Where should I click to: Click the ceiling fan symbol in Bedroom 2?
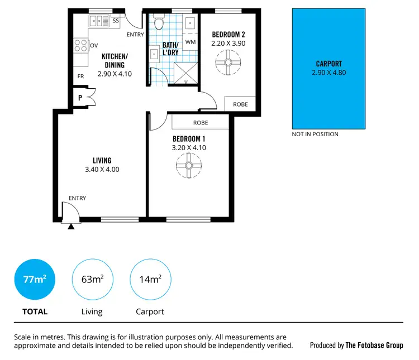pyautogui.click(x=228, y=62)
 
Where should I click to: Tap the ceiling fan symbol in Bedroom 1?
pyautogui.click(x=188, y=165)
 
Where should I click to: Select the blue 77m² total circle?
pyautogui.click(x=35, y=280)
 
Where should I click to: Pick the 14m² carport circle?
pyautogui.click(x=150, y=280)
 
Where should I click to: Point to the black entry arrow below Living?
pyautogui.click(x=71, y=226)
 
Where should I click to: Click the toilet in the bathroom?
pyautogui.click(x=159, y=23)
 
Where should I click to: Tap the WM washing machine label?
pyautogui.click(x=191, y=42)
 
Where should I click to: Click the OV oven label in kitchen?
pyautogui.click(x=94, y=46)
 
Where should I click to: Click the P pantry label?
pyautogui.click(x=80, y=97)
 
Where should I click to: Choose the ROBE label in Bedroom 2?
pyautogui.click(x=240, y=104)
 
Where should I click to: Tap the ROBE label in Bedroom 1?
pyautogui.click(x=201, y=122)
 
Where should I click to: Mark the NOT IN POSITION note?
pyautogui.click(x=315, y=134)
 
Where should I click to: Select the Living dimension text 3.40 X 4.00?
pyautogui.click(x=102, y=170)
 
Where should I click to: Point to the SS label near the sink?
pyautogui.click(x=116, y=21)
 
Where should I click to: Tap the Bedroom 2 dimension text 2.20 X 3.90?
pyautogui.click(x=228, y=43)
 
